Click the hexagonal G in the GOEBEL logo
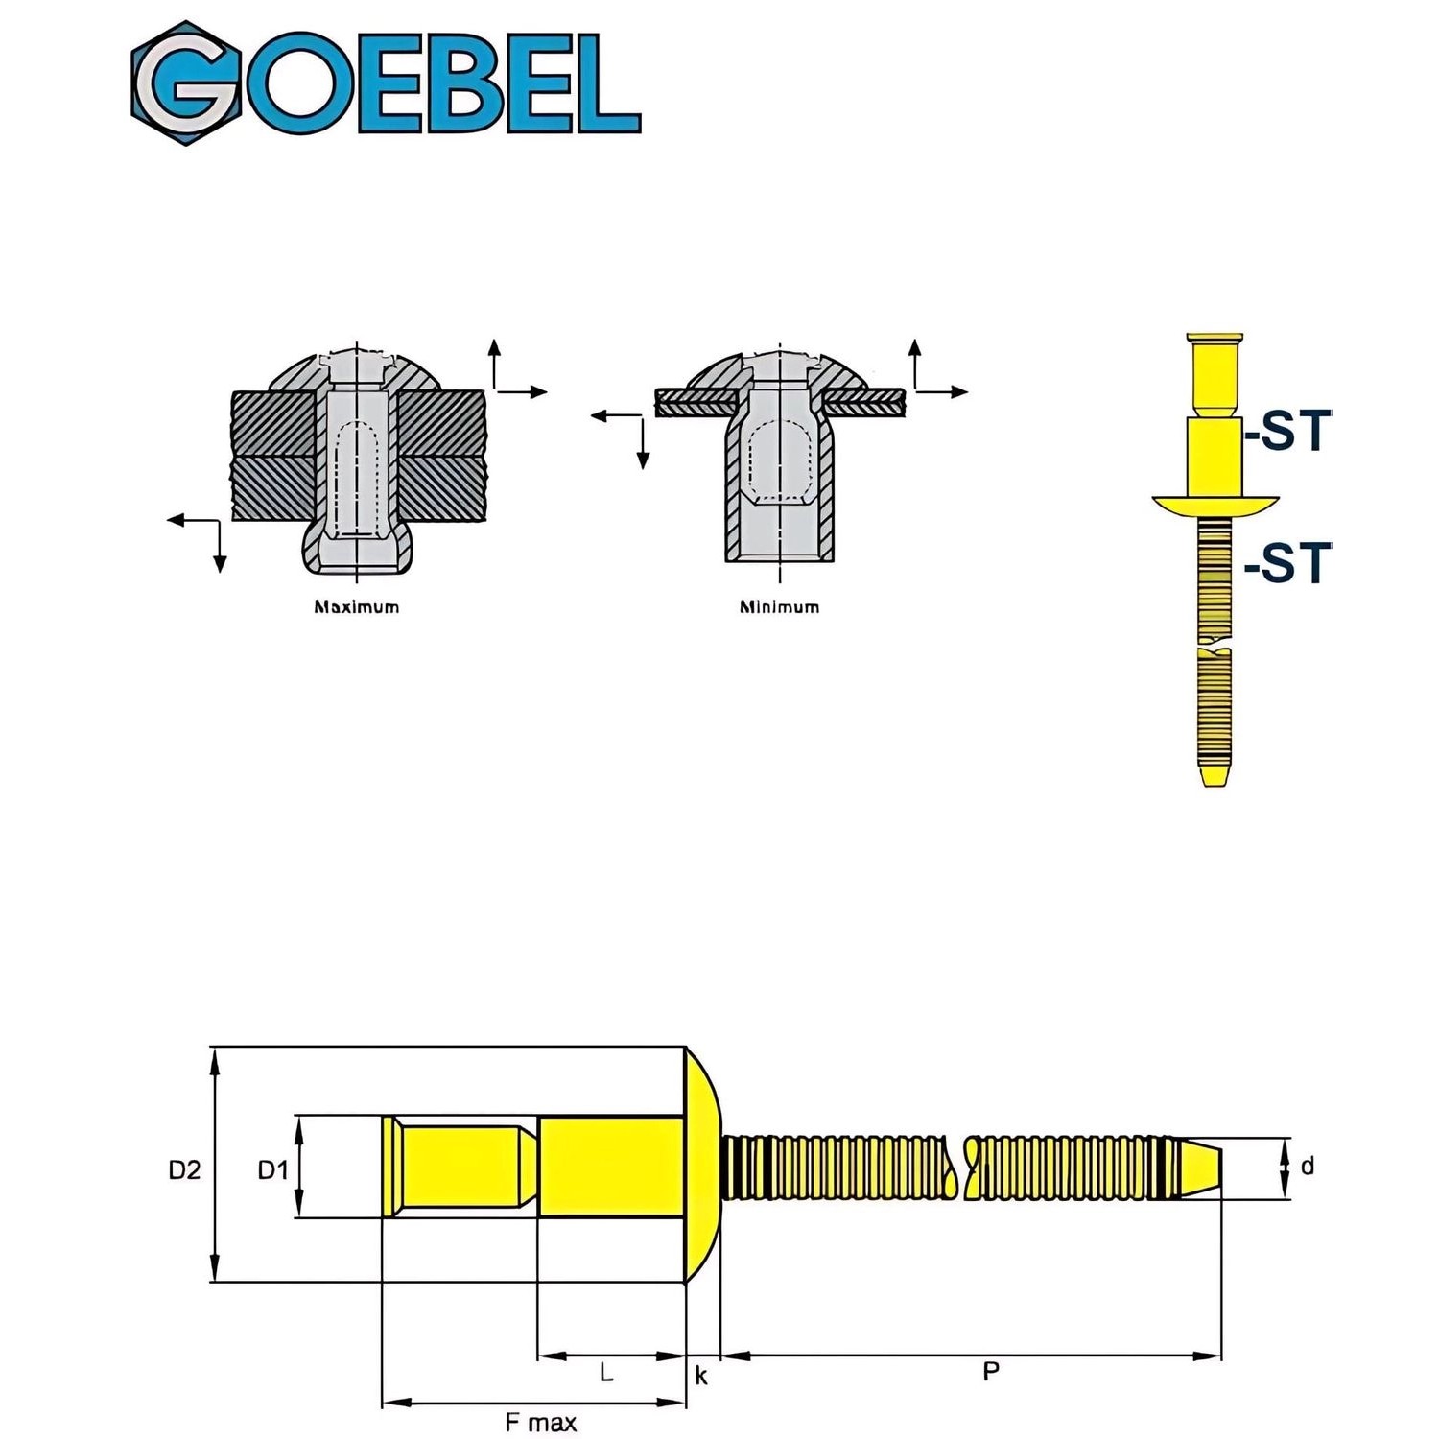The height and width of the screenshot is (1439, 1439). [x=187, y=83]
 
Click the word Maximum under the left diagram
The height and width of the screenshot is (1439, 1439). [x=356, y=606]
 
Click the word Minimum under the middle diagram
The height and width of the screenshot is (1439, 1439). [x=779, y=606]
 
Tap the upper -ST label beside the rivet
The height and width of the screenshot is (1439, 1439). [x=1288, y=432]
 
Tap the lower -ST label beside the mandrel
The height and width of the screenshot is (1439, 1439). [x=1288, y=563]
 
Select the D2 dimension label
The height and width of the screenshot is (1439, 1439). [x=184, y=1169]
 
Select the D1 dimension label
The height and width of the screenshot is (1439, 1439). [x=272, y=1169]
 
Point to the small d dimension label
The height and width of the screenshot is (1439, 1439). [x=1307, y=1167]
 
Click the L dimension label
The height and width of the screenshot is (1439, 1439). [x=606, y=1373]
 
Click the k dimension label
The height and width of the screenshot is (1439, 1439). [x=701, y=1376]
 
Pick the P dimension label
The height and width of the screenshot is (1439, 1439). [x=991, y=1372]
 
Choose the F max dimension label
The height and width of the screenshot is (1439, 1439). [x=540, y=1422]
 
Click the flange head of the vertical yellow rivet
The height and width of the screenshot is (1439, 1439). [x=1215, y=504]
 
